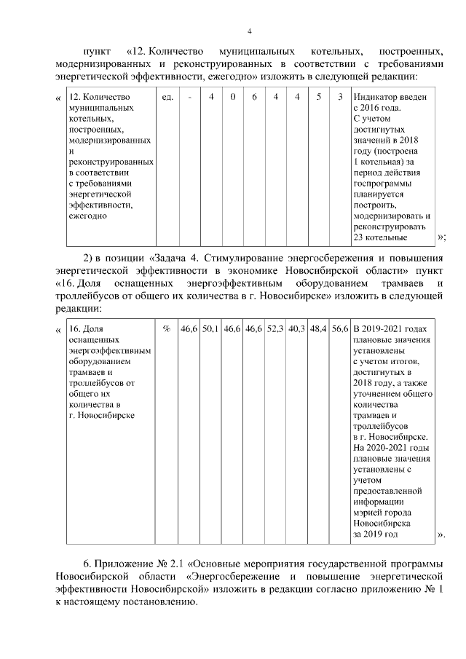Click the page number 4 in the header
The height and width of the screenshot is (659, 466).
[250, 31]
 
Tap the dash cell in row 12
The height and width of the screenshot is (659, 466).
[189, 97]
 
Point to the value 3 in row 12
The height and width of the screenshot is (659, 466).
[340, 97]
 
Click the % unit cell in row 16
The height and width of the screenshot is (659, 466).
[167, 329]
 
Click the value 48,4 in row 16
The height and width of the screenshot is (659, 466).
[318, 329]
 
